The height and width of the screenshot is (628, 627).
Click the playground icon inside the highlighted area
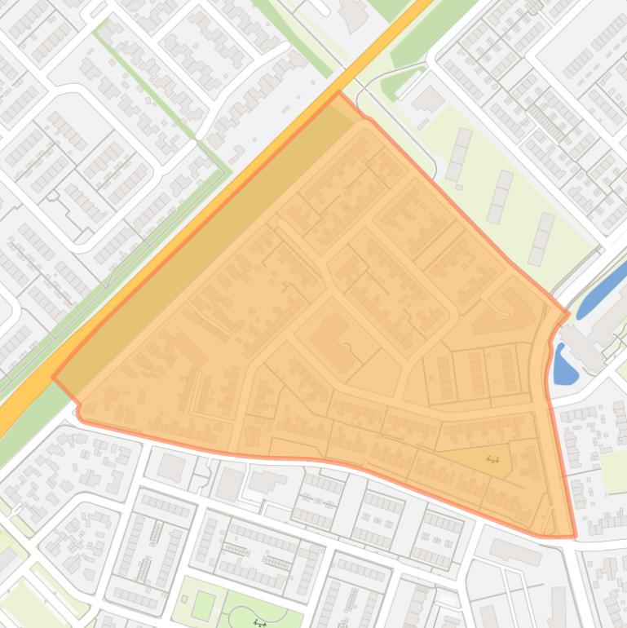pyautogui.click(x=492, y=459)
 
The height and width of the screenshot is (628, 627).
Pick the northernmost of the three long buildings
pyautogui.click(x=458, y=153)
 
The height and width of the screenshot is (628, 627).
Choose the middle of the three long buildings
pyautogui.click(x=500, y=197)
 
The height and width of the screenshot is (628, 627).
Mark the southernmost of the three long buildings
pyautogui.click(x=541, y=238)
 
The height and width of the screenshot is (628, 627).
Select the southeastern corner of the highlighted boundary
pyautogui.click(x=575, y=536)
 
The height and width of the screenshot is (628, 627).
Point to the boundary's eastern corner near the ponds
pyautogui.click(x=568, y=312)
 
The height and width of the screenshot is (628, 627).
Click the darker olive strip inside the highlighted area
pyautogui.click(x=204, y=245)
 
